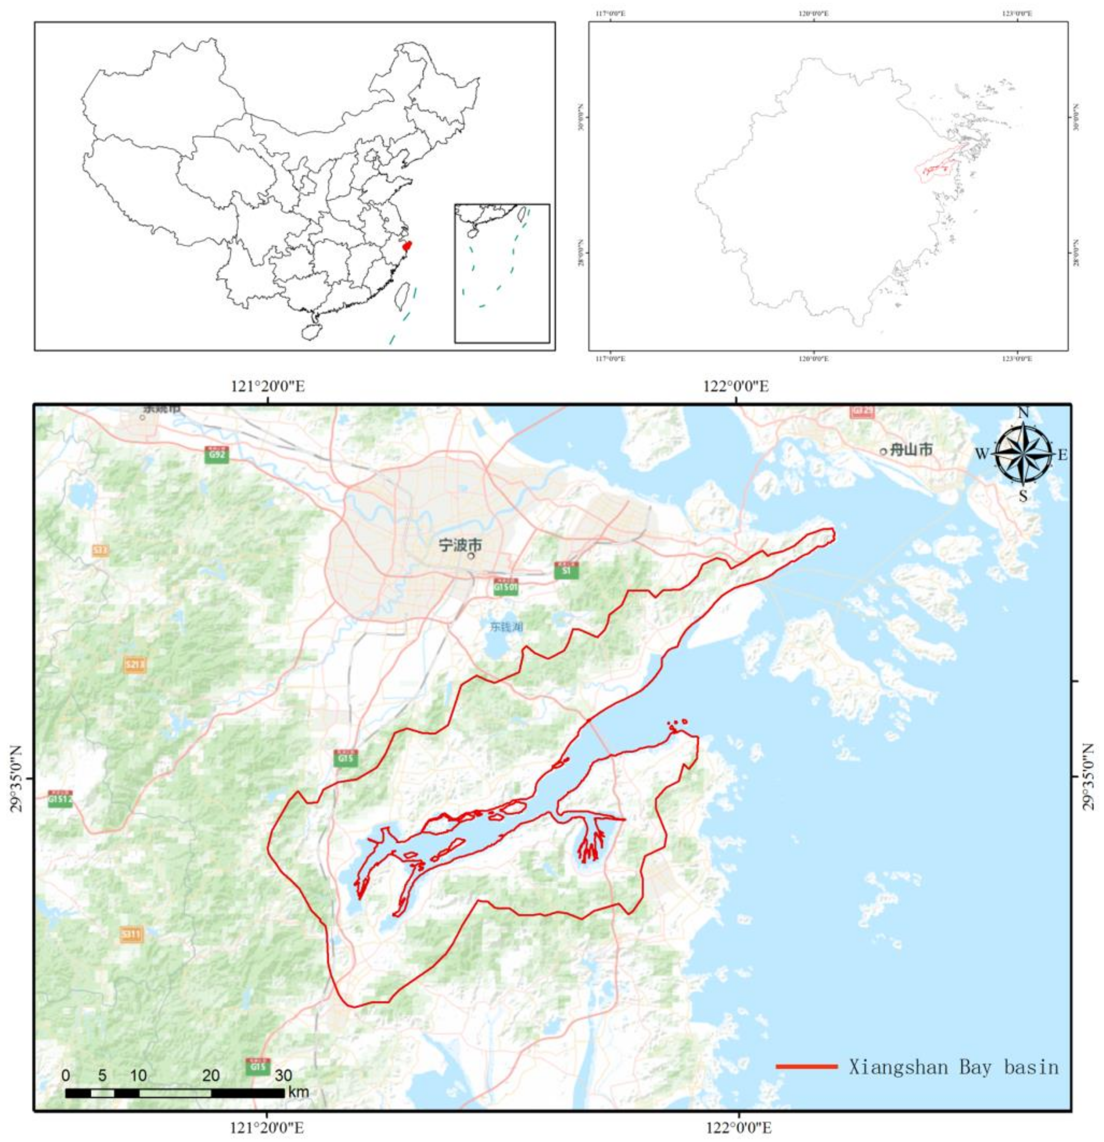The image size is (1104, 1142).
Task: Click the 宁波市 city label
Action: pyautogui.click(x=460, y=546)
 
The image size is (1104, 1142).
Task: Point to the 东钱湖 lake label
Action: pyautogui.click(x=506, y=626)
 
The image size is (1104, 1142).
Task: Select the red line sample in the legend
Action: pyautogui.click(x=806, y=1066)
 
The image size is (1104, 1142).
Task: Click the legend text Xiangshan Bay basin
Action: pyautogui.click(x=953, y=1067)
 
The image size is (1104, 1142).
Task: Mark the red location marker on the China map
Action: pyautogui.click(x=407, y=246)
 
